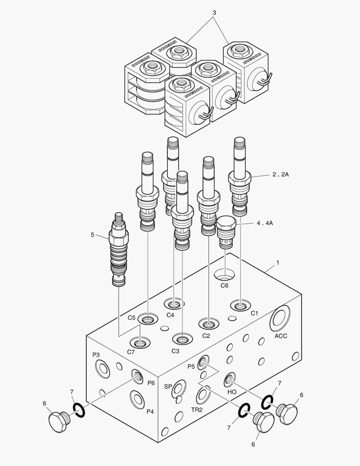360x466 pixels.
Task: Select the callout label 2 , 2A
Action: pos(280,175)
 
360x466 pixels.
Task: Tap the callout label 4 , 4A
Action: pos(265,224)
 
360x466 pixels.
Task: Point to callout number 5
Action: pos(92,235)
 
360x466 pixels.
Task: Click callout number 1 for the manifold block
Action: pos(278,262)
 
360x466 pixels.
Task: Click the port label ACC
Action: pos(281,336)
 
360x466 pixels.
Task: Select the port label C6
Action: pos(224,285)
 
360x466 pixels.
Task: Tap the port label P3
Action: pos(96,355)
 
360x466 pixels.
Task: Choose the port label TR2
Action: pos(197,409)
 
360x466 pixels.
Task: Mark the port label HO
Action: pos(232,393)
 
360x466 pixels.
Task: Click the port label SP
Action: pos(168,387)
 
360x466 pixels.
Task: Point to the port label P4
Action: pos(150,411)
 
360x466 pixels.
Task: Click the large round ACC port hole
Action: pos(280,318)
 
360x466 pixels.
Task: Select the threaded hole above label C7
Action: pos(140,343)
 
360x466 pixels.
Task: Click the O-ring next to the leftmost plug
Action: pos(78,410)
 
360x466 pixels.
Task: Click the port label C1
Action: pos(254,314)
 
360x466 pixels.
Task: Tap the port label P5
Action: pos(191,366)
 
